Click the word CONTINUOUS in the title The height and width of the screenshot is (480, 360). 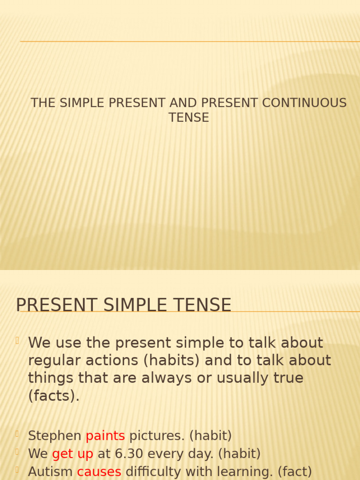point(304,103)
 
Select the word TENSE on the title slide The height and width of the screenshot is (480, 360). point(188,118)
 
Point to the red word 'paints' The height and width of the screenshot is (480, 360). point(105,436)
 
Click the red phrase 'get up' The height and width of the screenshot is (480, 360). point(73,454)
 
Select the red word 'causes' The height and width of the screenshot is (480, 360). point(99,472)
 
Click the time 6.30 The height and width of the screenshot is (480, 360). point(122,454)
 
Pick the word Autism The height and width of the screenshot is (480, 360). point(50,472)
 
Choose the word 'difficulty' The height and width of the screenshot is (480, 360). point(157,472)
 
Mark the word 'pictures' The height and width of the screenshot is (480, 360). point(157,436)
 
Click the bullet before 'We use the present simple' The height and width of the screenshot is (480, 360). point(17,341)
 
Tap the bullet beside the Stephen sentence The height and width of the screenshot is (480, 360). point(17,434)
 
